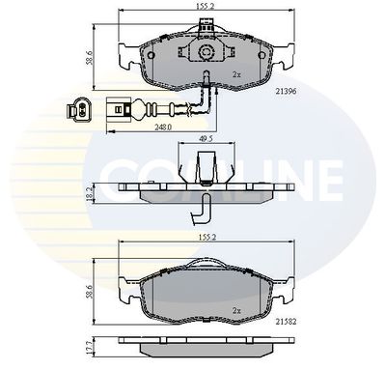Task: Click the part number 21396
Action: pyautogui.click(x=286, y=91)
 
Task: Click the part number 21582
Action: pyautogui.click(x=286, y=321)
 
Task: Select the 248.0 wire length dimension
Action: pyautogui.click(x=163, y=127)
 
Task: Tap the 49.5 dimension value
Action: pyautogui.click(x=207, y=138)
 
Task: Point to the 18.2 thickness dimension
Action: pyautogui.click(x=90, y=192)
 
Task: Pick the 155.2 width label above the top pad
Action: pyautogui.click(x=206, y=7)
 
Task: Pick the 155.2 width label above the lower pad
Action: pyautogui.click(x=207, y=237)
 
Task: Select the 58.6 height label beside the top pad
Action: pyautogui.click(x=90, y=57)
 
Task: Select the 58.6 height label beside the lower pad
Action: pyautogui.click(x=90, y=292)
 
